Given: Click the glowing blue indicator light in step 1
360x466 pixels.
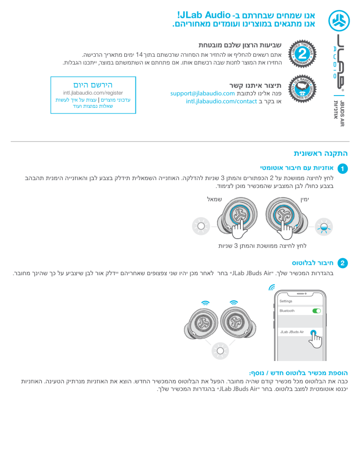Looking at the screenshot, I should point(324,226).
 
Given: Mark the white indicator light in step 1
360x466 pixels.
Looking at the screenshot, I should point(201,225).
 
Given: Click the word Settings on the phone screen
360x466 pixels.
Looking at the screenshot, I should point(286,301).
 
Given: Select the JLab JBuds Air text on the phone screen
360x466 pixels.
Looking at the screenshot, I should point(292,331).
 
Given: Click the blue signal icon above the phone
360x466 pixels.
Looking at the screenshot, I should point(271,287).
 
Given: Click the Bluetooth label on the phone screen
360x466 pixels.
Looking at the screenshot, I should point(287,310).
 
